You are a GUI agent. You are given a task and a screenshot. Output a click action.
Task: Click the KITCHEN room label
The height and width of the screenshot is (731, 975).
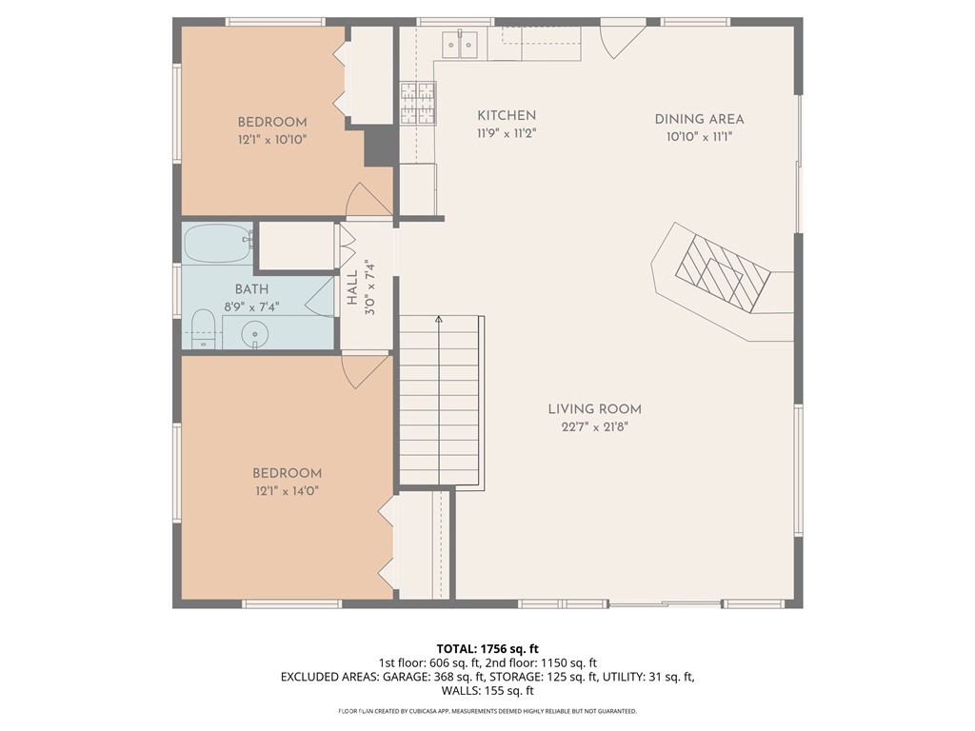pos(507,115)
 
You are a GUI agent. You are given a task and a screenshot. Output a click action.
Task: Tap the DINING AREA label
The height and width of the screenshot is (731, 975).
pos(699,119)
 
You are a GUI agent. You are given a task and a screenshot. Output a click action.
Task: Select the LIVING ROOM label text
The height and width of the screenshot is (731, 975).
pos(594,409)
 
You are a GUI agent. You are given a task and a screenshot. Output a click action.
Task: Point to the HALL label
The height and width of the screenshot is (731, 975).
pos(352,287)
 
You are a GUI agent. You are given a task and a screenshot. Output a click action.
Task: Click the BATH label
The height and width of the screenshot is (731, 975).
pos(251,289)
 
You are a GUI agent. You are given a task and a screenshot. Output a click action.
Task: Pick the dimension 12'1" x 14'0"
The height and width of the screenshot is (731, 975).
pos(287,491)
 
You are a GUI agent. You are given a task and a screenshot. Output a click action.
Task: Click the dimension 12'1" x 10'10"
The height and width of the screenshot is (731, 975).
pos(272,139)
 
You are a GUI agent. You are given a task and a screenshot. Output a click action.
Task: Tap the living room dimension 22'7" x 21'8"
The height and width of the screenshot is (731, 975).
pos(594,427)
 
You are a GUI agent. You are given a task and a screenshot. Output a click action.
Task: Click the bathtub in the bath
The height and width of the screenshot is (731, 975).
pos(219,243)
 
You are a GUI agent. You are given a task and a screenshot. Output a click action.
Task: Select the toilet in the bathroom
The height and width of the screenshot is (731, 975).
pos(203,329)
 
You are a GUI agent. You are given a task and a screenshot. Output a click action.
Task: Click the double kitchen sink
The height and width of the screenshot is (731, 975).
pos(460,44)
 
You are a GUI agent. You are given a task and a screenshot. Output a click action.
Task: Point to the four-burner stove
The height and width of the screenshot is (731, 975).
pos(417,103)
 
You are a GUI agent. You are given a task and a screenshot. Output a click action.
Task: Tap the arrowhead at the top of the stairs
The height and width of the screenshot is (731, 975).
pos(439,320)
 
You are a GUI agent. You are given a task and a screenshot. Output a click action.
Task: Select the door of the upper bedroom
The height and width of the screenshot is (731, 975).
pos(368,199)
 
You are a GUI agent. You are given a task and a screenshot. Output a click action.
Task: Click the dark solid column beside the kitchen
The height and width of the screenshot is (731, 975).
pos(379,146)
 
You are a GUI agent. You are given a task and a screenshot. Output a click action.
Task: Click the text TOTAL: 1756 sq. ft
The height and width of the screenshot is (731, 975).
pos(487,649)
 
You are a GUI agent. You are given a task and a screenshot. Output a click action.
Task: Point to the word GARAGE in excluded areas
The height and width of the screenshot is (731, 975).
pos(404,677)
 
